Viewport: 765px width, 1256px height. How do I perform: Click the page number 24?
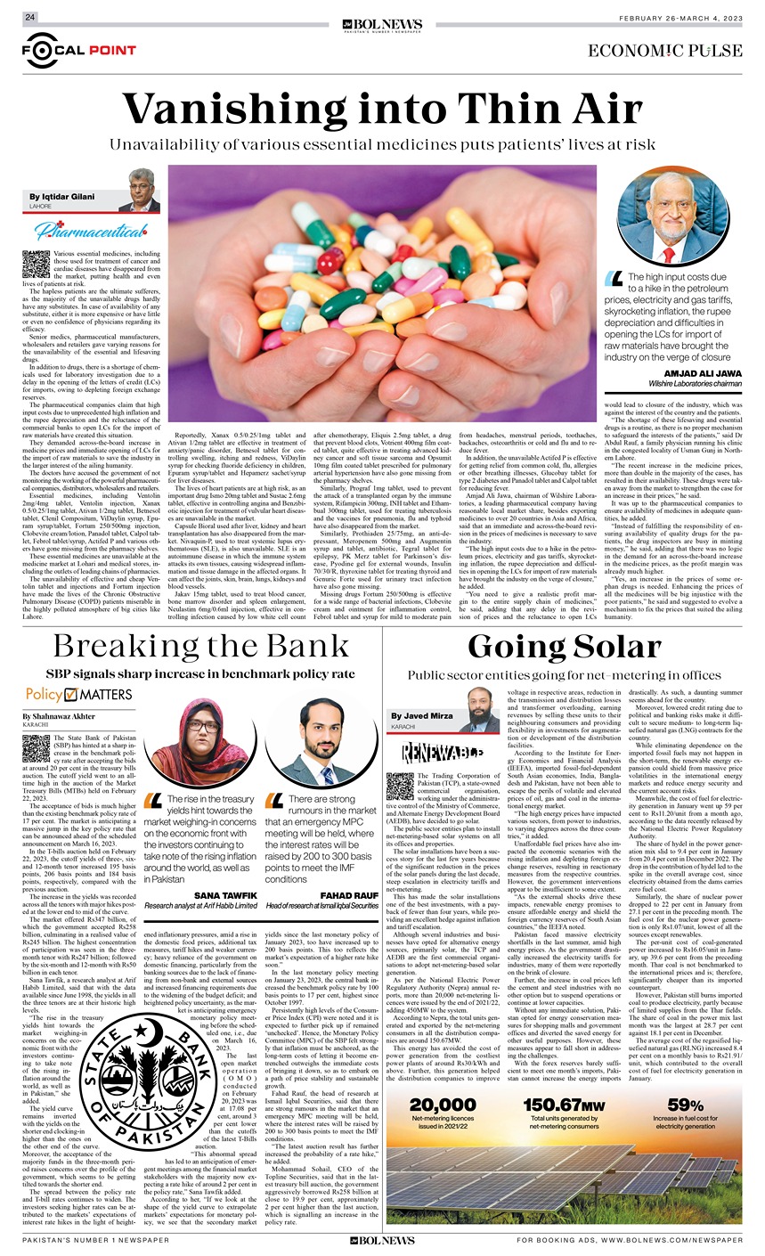pyautogui.click(x=29, y=18)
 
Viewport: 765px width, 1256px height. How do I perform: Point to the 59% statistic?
pyautogui.click(x=686, y=1105)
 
